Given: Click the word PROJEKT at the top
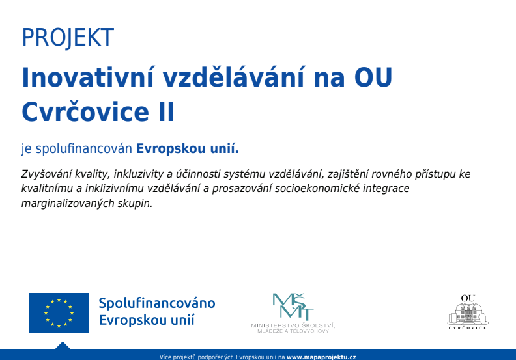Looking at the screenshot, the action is [x=68, y=38].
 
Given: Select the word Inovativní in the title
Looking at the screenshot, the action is [x=88, y=77].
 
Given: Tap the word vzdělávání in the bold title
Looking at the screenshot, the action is [x=234, y=77].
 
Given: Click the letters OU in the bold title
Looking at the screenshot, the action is [x=373, y=77].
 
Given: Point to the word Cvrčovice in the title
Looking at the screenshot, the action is [x=85, y=111].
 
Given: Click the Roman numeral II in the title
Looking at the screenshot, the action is [x=166, y=112].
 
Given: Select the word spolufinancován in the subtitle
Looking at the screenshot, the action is [x=84, y=149].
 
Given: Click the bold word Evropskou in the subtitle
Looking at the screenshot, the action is [x=171, y=149].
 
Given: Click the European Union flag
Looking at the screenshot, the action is [x=59, y=313].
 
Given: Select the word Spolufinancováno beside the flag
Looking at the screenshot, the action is [x=157, y=303].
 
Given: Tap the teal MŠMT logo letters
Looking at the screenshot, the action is [x=293, y=307].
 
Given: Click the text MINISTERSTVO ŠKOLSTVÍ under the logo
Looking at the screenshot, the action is [x=293, y=325].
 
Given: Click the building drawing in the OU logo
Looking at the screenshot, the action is [x=468, y=313].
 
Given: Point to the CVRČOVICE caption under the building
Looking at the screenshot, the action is [x=468, y=328].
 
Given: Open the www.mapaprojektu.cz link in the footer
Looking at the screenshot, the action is [x=321, y=357].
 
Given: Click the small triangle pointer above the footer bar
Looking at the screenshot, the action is [x=63, y=345].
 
